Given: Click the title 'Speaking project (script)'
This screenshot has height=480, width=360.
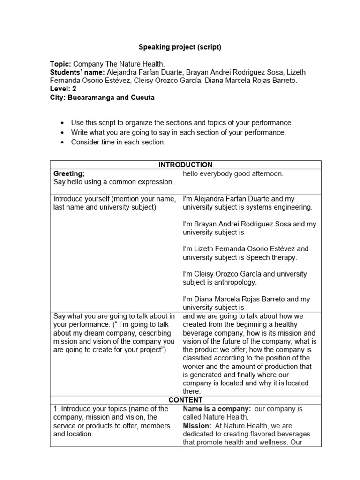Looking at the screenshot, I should point(180,47).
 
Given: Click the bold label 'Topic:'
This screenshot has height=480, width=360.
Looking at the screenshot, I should point(60,64).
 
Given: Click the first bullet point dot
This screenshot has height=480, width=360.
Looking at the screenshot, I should point(62,123).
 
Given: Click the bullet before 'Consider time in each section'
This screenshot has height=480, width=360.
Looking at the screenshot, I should point(62,142).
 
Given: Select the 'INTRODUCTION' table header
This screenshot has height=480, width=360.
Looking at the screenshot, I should point(185,165).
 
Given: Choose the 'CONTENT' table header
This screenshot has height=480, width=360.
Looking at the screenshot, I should point(185,400).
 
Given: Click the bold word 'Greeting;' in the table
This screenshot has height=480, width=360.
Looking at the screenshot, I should point(69,173).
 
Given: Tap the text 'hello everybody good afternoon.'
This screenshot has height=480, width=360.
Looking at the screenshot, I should point(233,173).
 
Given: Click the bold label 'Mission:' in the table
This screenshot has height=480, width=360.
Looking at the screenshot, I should point(197,426).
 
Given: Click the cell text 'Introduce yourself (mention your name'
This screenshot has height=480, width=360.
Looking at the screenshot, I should point(115,199).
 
